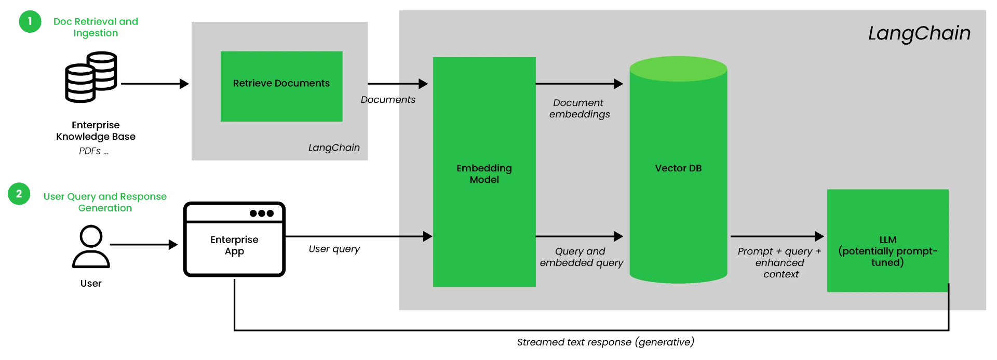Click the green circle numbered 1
click(30, 21)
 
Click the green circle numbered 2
click(19, 194)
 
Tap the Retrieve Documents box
click(281, 86)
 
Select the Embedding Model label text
click(484, 174)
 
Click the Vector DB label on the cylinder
click(678, 168)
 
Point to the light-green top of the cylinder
click(678, 69)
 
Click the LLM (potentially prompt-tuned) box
click(887, 241)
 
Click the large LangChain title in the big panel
click(919, 33)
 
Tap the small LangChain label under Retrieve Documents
click(334, 148)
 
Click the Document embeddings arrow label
click(579, 109)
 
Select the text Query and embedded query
click(581, 257)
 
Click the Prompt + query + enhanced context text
click(779, 262)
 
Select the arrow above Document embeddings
click(578, 84)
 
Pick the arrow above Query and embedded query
click(578, 236)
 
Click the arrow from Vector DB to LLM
click(776, 236)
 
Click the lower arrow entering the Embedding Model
click(415, 236)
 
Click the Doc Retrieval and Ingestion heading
click(97, 26)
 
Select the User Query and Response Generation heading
click(105, 202)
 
